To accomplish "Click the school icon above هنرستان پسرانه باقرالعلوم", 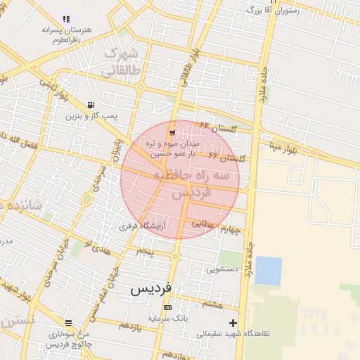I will point(66,18).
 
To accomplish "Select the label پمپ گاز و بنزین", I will point(91,115).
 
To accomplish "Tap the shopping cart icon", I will point(173,132).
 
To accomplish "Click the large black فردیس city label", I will point(152,288).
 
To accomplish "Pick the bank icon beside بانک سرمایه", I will point(167,308).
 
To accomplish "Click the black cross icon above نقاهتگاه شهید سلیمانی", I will point(233,323).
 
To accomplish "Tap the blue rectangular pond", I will point(268,271).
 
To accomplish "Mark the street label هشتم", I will point(212,304).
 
